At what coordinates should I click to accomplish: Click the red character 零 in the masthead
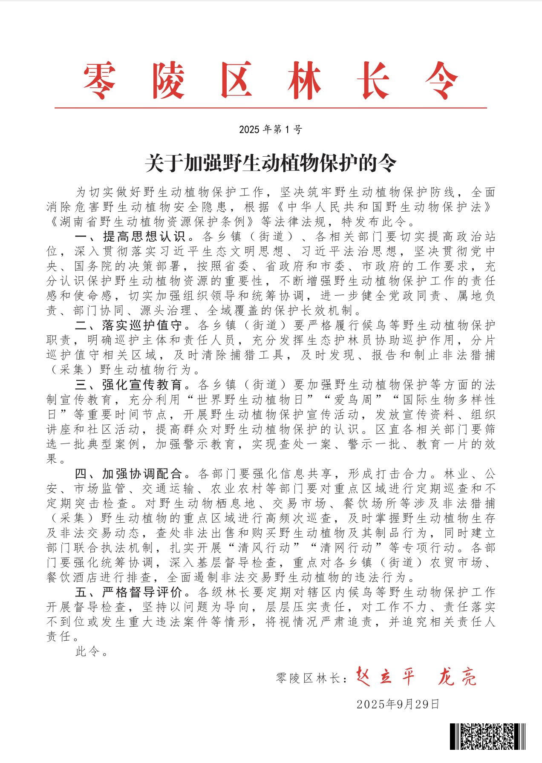[99, 81]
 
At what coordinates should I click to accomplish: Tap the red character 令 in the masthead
[441, 81]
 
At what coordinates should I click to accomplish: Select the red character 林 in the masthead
[304, 81]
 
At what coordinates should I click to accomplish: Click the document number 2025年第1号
[271, 130]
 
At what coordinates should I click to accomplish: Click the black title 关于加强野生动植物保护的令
[271, 163]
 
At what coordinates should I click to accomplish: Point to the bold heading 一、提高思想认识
[130, 236]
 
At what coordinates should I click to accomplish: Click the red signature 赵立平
[385, 677]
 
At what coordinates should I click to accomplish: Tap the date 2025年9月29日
[398, 704]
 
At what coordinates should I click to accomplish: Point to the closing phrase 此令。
[92, 651]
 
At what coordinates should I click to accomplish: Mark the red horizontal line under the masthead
[271, 108]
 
